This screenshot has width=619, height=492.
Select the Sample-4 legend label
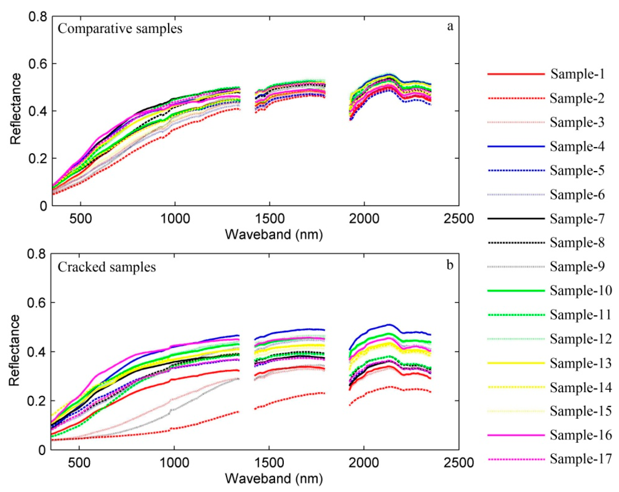(x=577, y=147)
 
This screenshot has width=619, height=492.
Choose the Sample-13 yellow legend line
(x=516, y=363)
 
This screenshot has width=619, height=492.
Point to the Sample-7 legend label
(x=577, y=219)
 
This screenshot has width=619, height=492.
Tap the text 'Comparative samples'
(x=120, y=29)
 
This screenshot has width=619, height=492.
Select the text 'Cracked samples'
(x=107, y=267)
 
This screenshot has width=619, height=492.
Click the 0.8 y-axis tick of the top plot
(x=38, y=16)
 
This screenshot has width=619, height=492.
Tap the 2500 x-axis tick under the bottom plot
(x=458, y=463)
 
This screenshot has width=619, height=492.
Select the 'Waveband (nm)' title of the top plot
(x=274, y=235)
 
